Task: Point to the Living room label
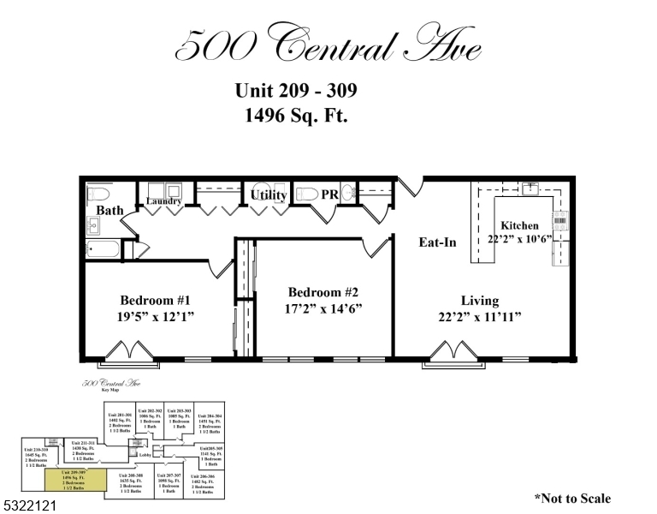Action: tap(479, 301)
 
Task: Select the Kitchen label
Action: tap(519, 226)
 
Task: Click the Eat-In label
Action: tap(437, 242)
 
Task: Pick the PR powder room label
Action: tap(330, 195)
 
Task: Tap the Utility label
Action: tap(269, 195)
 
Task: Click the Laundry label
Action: tap(163, 202)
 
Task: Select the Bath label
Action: tap(109, 210)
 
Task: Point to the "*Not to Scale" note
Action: tap(572, 498)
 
